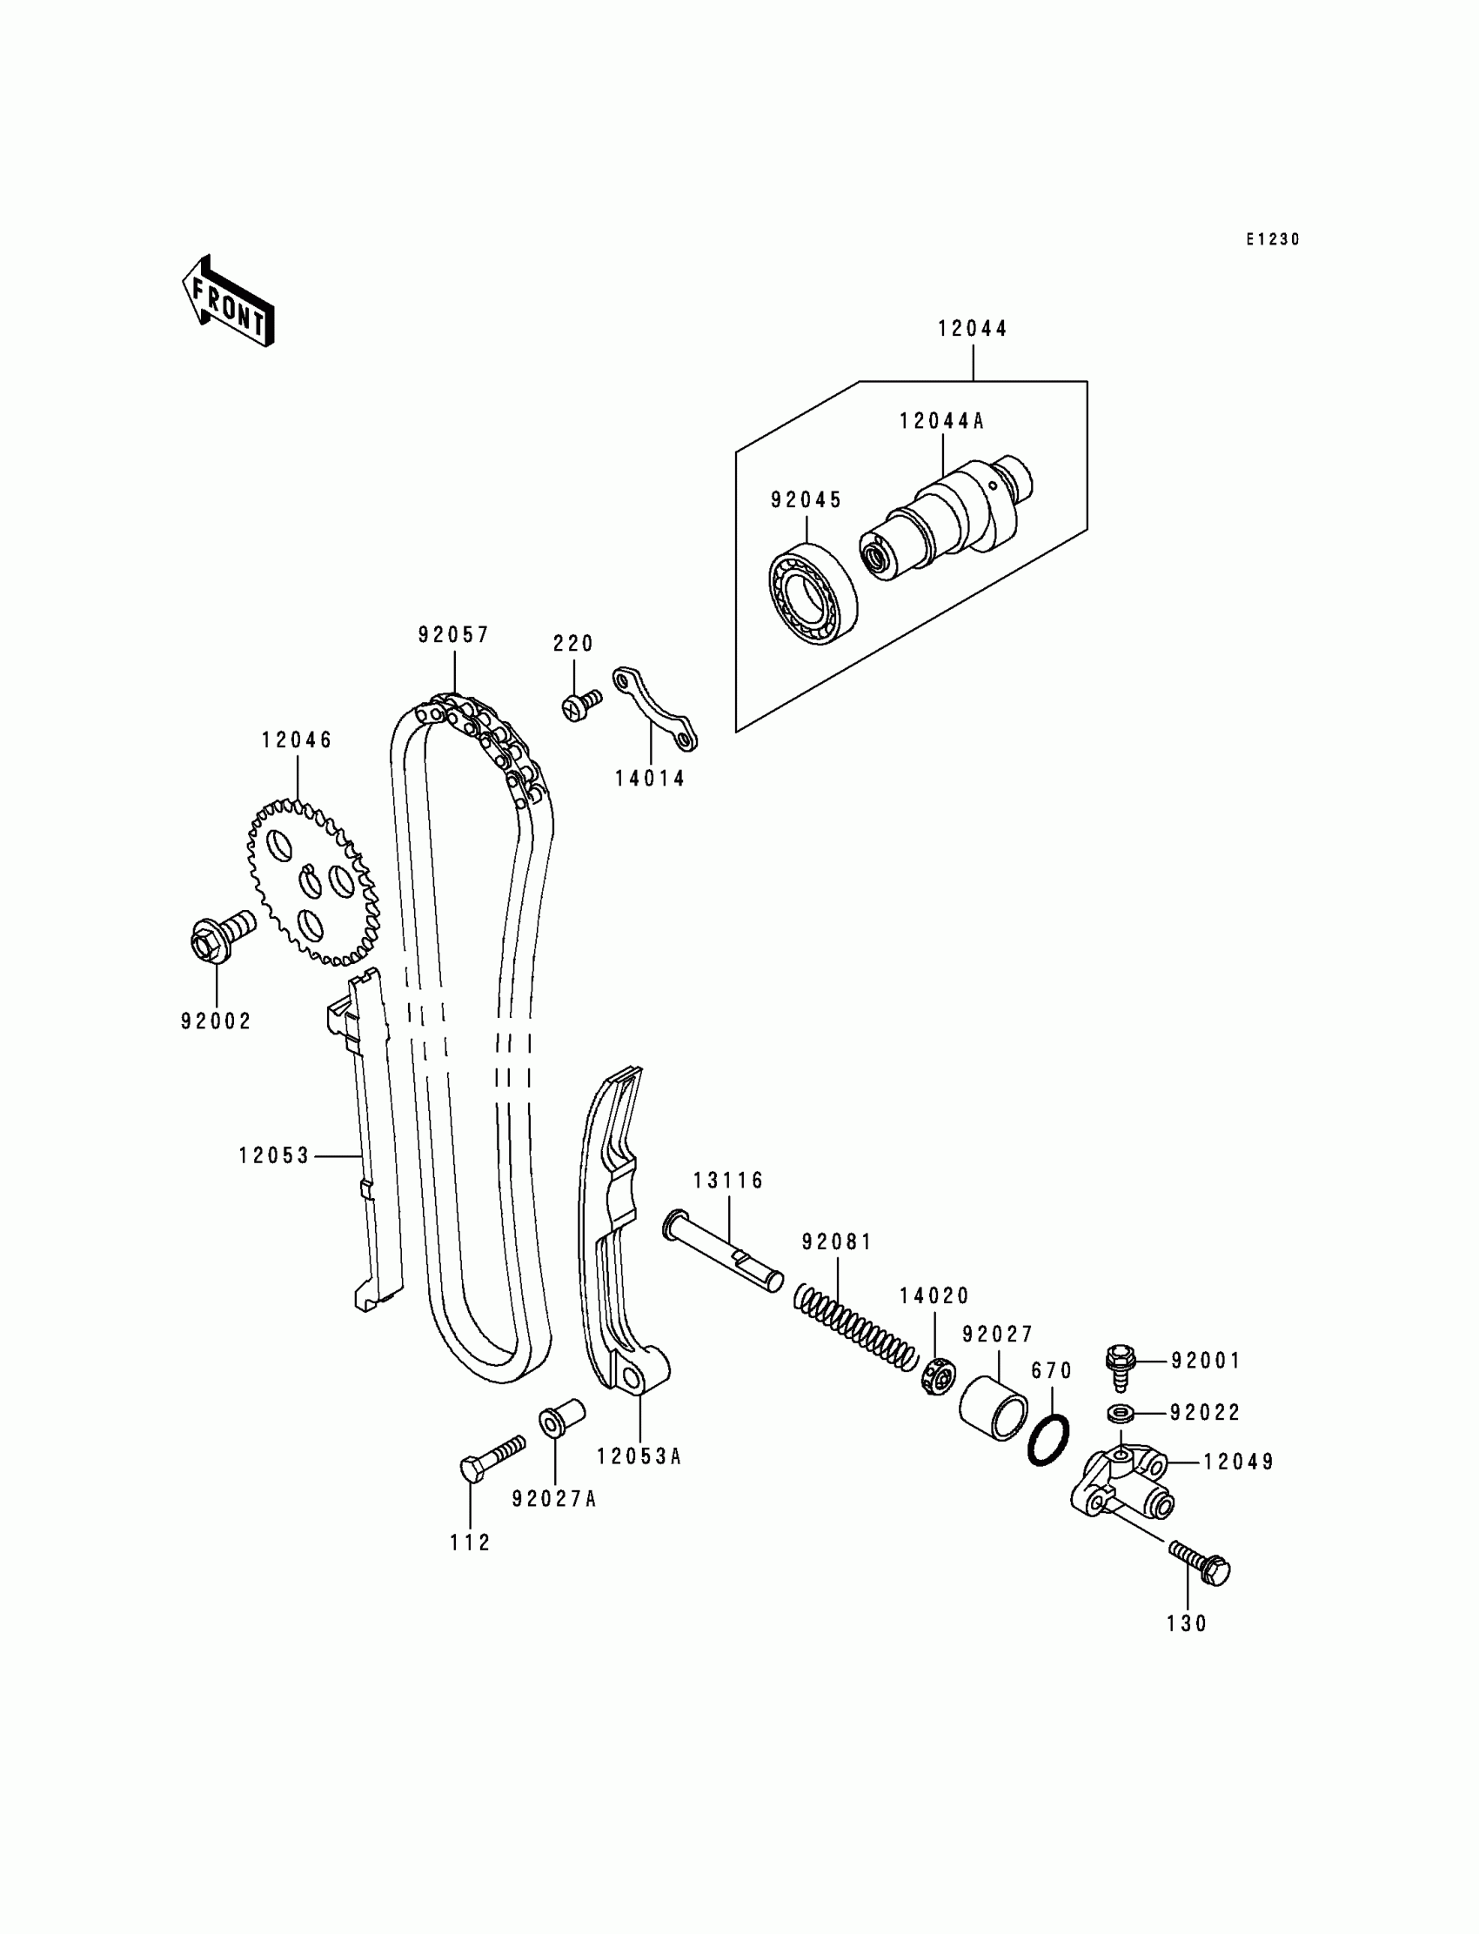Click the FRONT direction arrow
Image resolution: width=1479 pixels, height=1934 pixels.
click(228, 302)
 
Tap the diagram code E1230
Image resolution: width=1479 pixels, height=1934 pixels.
click(1272, 239)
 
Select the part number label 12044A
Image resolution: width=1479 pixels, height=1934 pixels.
click(941, 422)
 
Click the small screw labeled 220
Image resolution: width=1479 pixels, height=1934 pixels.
click(580, 705)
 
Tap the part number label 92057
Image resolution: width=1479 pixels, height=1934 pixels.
click(453, 635)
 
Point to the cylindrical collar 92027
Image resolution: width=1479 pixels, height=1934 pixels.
click(993, 1409)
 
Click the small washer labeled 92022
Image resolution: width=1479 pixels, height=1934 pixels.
click(1121, 1413)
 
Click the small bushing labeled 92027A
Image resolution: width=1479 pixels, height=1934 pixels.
click(562, 1416)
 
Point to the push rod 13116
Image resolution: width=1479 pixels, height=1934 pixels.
click(723, 1250)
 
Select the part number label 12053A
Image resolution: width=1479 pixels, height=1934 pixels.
click(639, 1457)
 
